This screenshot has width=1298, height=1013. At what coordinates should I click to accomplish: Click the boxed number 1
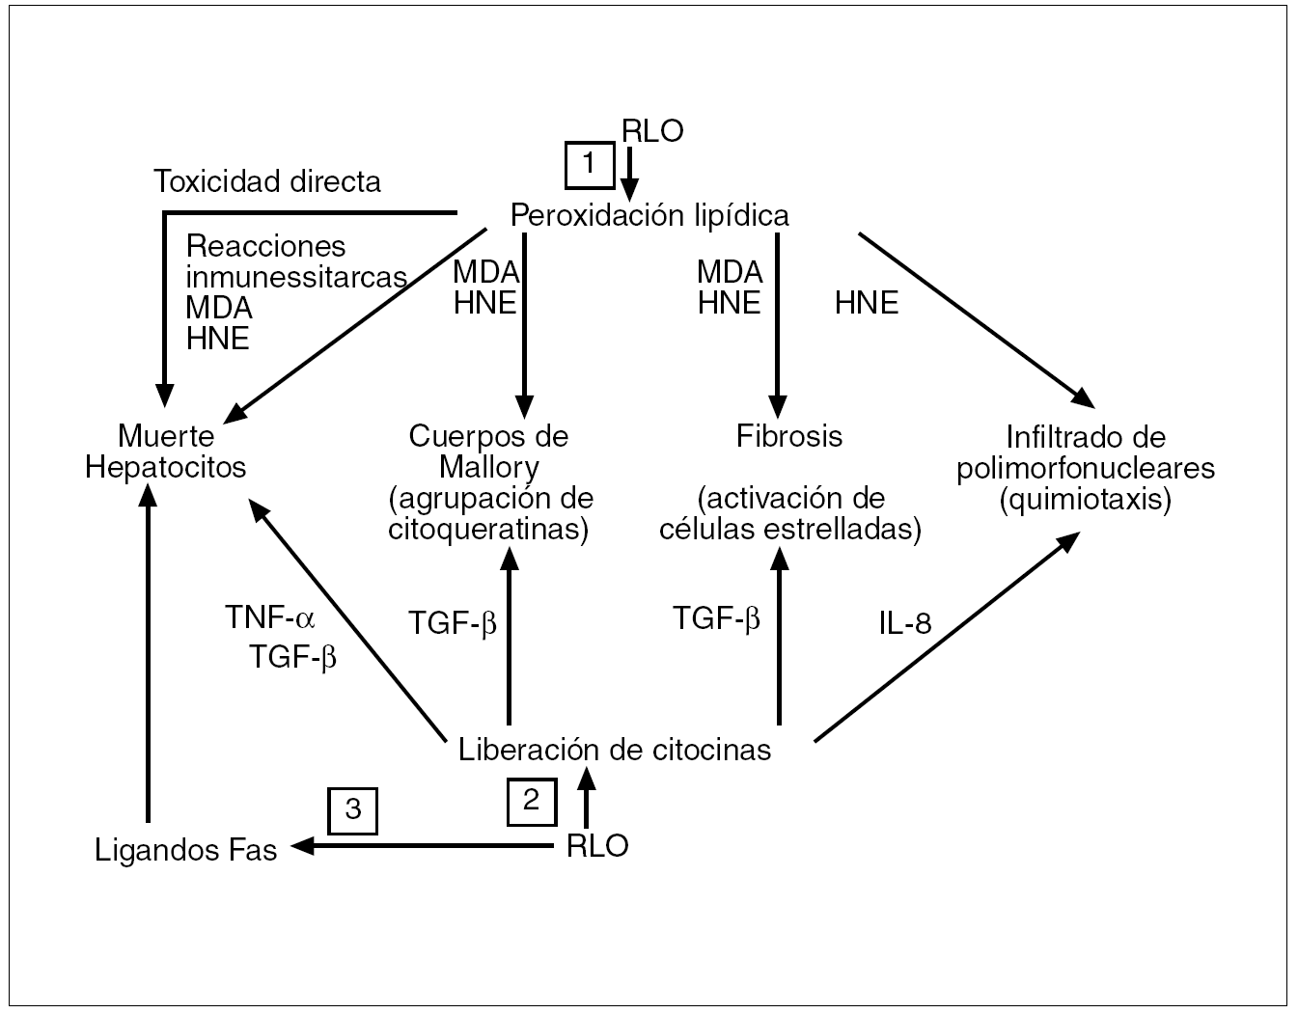click(590, 164)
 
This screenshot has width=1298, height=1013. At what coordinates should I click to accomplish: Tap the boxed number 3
click(352, 809)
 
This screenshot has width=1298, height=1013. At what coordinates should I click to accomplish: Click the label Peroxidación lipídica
click(649, 214)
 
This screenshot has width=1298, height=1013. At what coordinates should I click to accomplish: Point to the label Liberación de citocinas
click(615, 750)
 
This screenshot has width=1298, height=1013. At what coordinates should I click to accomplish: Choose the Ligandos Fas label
click(186, 850)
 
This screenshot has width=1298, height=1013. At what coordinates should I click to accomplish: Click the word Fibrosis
click(789, 436)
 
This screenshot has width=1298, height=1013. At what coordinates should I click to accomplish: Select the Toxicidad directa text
click(267, 181)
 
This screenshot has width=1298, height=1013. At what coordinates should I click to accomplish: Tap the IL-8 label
click(904, 623)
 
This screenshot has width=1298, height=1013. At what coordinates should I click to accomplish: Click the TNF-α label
click(270, 617)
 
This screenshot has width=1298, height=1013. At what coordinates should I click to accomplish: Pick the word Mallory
click(488, 468)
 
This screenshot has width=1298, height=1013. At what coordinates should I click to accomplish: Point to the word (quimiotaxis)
click(1086, 500)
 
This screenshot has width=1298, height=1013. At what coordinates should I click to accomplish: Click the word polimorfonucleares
click(1086, 469)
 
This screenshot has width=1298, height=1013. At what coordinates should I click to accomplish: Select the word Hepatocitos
click(166, 468)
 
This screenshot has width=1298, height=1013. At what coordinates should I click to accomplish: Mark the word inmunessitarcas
click(296, 277)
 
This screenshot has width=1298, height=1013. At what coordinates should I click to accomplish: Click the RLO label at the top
click(652, 131)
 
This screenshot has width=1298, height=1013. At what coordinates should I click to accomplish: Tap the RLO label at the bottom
click(597, 846)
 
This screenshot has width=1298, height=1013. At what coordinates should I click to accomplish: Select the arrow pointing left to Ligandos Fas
click(425, 846)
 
